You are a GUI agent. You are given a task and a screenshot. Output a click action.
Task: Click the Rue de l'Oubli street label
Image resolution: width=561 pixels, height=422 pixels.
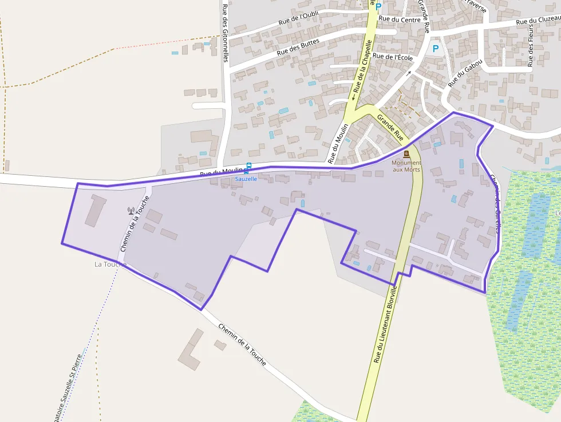coord(298,18)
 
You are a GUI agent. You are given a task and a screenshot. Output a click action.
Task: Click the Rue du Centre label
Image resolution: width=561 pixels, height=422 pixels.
coord(400,19)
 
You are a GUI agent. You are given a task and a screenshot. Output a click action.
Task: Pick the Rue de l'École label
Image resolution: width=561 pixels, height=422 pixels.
coord(392,57)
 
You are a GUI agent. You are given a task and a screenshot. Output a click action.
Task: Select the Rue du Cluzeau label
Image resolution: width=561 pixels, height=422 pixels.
coord(537,21)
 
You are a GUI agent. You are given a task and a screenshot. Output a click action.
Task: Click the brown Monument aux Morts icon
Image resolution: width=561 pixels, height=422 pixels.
coord(406,154)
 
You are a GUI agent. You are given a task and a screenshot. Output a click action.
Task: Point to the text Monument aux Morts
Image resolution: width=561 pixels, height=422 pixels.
coord(406,166)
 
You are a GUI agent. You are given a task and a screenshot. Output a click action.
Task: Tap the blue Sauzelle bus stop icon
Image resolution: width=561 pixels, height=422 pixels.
coord(247,170)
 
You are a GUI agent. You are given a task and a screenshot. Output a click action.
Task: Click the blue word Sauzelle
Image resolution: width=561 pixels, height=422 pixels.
coord(246,179)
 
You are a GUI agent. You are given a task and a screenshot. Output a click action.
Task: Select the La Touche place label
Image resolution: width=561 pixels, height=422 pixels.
coord(109,264)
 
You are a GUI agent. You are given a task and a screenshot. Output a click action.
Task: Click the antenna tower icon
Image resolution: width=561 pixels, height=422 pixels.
coord(131,211)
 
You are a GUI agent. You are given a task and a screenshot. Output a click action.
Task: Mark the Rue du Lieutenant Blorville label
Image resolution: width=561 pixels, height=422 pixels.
coord(385,325)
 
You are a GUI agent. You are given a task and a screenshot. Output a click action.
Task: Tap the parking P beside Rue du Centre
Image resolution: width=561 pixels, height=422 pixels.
coord(378,6)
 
